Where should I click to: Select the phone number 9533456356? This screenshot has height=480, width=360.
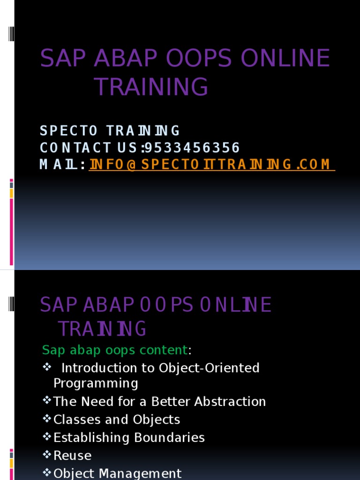click(x=192, y=148)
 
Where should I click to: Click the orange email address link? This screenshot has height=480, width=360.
click(x=211, y=165)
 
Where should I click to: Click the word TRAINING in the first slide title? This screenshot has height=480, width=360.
click(x=151, y=87)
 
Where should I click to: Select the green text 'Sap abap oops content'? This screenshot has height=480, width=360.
click(x=115, y=350)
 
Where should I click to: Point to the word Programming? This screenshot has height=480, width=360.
click(x=96, y=383)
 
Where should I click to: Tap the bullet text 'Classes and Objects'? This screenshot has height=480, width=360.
click(x=117, y=420)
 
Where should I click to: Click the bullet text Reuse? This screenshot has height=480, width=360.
click(x=73, y=456)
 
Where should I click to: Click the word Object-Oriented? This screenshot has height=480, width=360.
click(x=209, y=368)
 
